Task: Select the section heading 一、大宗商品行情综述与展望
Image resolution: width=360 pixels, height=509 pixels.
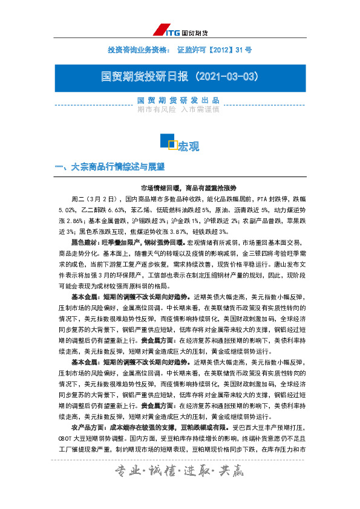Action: pyautogui.click(x=110, y=166)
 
